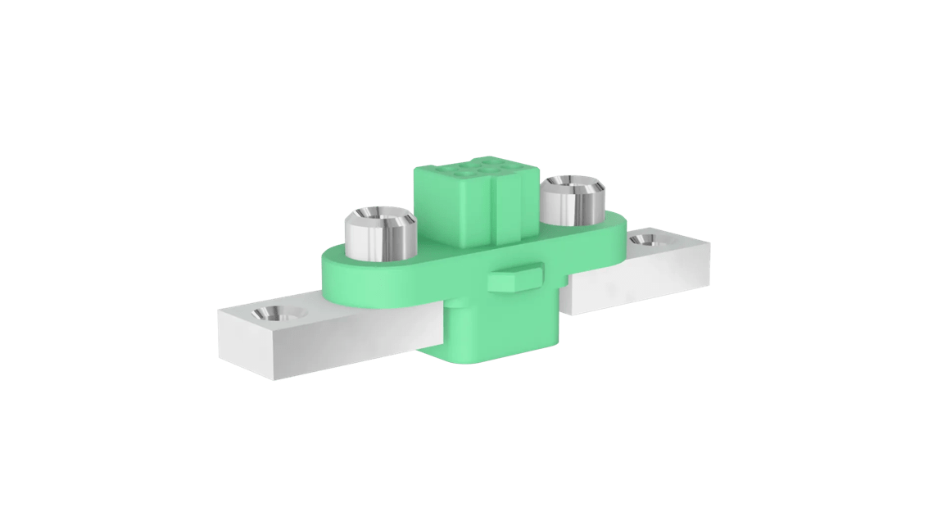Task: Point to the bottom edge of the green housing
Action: point(500,359)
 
